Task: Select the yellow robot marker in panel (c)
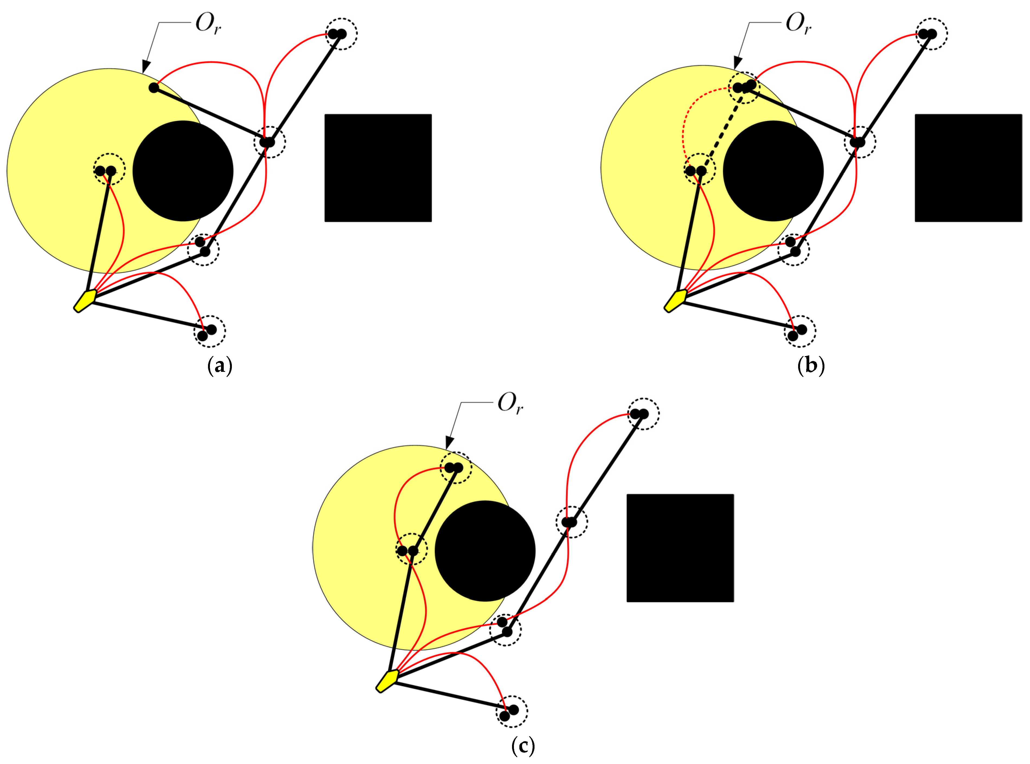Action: pos(387,680)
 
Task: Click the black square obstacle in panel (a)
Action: pos(378,168)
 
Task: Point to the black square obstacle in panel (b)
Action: pos(968,168)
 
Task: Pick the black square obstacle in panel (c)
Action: pos(680,548)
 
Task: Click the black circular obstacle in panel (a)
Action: pos(183,171)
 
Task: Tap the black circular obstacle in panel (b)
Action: pos(773,171)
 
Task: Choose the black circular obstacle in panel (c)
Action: pos(485,551)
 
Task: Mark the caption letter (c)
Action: pos(523,746)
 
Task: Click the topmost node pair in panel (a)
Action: pos(337,33)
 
